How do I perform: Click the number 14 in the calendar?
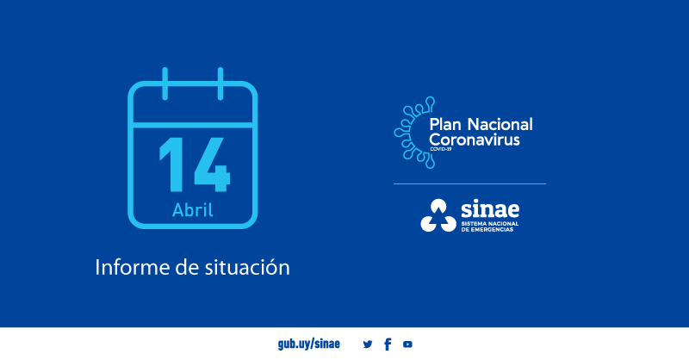[195, 164]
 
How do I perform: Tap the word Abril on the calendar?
[192, 209]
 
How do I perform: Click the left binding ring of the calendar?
[164, 84]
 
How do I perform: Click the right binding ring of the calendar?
[220, 84]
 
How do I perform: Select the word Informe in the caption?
[133, 267]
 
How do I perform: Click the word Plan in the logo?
[445, 124]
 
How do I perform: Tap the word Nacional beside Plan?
[500, 124]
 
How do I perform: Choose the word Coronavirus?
[475, 140]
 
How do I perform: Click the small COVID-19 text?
[440, 150]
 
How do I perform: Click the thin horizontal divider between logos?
[469, 183]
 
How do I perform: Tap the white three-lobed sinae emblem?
[438, 215]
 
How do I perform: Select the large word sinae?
[490, 209]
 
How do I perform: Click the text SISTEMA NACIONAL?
[490, 224]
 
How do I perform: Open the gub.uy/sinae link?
[309, 344]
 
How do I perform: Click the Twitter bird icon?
[368, 344]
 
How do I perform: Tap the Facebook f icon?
[388, 344]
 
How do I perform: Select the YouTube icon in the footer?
[407, 344]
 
